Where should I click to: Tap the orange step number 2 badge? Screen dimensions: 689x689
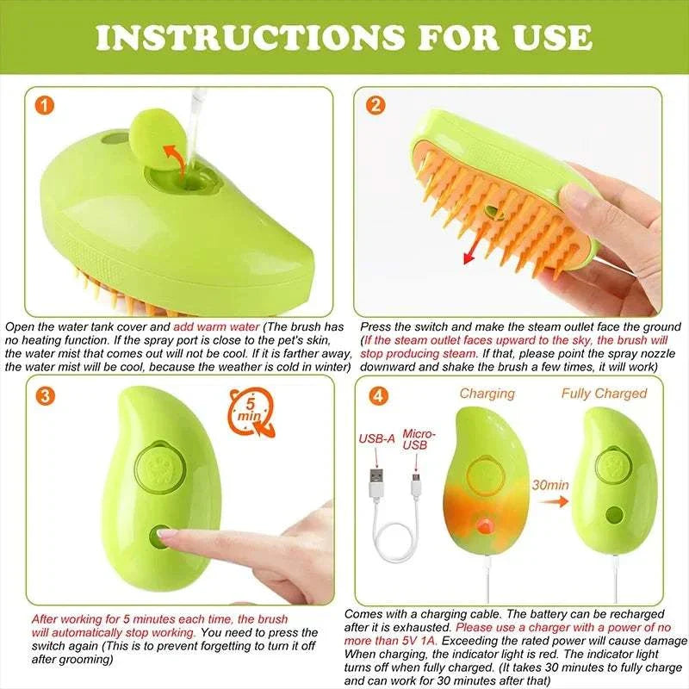point(375,106)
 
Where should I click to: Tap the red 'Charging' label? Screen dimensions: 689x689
point(487,394)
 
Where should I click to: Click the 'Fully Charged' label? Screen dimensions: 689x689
point(604,394)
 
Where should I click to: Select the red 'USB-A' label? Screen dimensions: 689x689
point(376,438)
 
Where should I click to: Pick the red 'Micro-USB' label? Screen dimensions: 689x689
point(419,441)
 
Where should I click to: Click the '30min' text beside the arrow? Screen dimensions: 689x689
point(550,485)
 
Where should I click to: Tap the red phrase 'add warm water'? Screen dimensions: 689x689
point(215,327)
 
